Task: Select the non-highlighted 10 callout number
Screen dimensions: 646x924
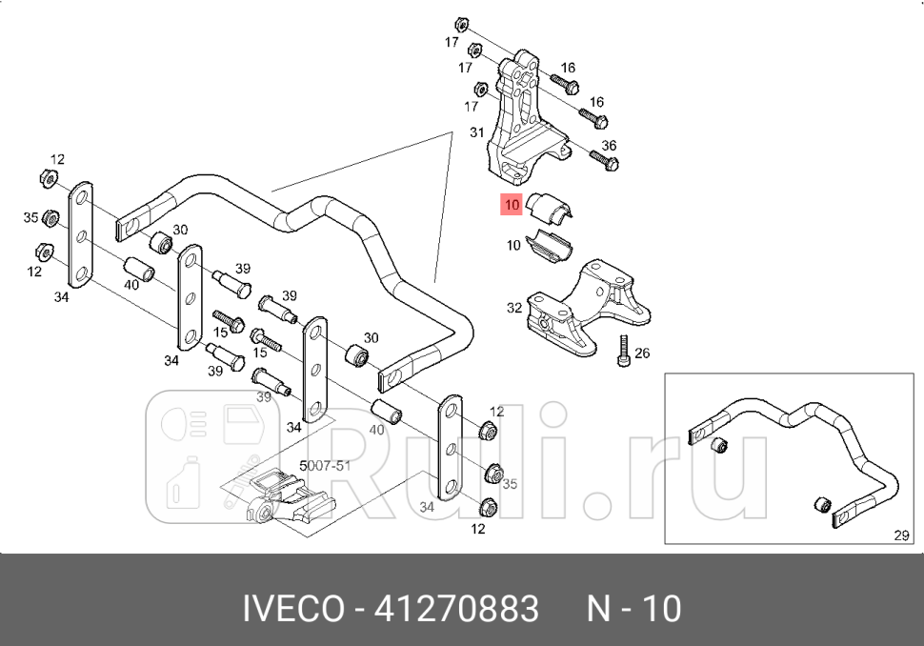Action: click(x=513, y=246)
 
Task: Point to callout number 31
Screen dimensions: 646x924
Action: click(x=477, y=132)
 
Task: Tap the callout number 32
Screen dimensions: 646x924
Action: click(x=514, y=308)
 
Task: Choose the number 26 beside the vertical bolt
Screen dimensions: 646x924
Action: click(x=642, y=353)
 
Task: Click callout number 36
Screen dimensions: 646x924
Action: click(x=610, y=146)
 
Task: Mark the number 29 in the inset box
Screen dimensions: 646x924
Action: click(x=902, y=535)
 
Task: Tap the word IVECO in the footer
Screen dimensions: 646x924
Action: click(x=294, y=608)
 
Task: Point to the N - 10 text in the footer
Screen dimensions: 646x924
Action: click(x=633, y=608)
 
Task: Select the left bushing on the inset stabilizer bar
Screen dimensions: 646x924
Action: click(x=722, y=445)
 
